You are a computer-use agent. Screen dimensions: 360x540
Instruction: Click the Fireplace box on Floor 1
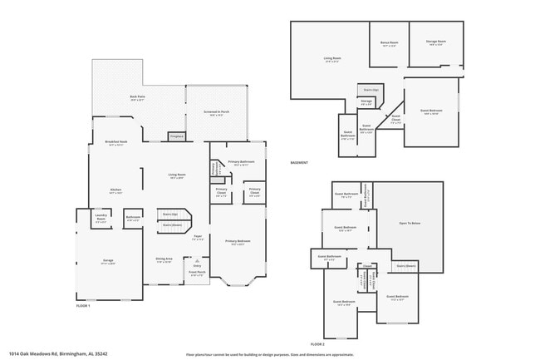point(176,136)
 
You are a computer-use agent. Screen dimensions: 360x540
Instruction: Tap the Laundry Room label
point(101,219)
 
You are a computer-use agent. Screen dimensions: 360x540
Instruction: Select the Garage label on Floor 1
point(108,261)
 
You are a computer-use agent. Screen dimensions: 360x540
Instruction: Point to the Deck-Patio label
point(138,99)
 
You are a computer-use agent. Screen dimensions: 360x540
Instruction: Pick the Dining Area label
point(164,259)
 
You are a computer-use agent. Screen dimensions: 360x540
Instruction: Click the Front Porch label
point(197,274)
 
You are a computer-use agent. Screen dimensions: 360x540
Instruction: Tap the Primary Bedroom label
point(238,242)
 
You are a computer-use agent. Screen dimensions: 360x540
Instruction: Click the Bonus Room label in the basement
point(389,43)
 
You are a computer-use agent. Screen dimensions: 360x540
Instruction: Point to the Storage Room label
point(437,42)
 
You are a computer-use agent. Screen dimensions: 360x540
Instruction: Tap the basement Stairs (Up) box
point(371,89)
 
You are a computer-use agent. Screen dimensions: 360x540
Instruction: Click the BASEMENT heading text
point(299,162)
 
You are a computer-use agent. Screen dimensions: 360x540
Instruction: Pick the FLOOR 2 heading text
point(318,343)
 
